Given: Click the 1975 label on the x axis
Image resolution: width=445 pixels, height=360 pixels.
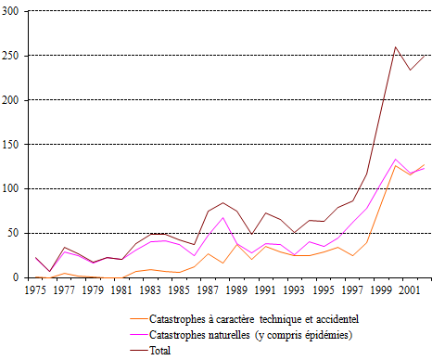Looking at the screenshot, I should (x=36, y=289).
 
